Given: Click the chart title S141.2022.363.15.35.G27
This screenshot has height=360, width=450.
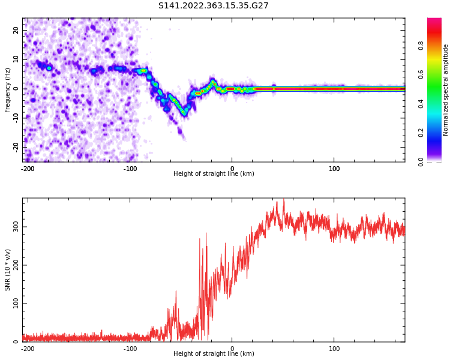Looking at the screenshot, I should pyautogui.click(x=213, y=6).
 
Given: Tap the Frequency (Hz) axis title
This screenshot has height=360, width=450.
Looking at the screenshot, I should pyautogui.click(x=8, y=90).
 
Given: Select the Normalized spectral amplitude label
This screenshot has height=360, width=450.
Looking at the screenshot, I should pyautogui.click(x=446, y=90).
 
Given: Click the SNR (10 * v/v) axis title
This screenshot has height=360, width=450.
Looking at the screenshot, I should pyautogui.click(x=8, y=270).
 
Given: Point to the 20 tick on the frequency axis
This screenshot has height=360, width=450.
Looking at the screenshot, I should pyautogui.click(x=16, y=31).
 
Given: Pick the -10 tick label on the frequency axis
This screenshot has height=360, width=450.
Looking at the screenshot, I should pyautogui.click(x=15, y=118).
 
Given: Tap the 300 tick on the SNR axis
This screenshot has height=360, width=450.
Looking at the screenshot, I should pyautogui.click(x=14, y=227).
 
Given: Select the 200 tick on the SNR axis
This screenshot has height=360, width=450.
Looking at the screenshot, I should pyautogui.click(x=14, y=265).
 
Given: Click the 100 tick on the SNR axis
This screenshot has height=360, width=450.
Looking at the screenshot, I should pyautogui.click(x=14, y=304).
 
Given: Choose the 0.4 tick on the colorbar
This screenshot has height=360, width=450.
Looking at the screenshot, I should pyautogui.click(x=438, y=104).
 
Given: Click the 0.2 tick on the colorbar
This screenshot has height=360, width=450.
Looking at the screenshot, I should pyautogui.click(x=438, y=133).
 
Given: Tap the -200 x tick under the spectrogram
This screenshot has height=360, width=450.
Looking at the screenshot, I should pyautogui.click(x=28, y=169).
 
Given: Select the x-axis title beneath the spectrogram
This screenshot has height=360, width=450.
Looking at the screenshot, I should pyautogui.click(x=214, y=174).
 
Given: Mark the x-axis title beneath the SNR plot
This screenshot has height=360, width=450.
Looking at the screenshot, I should pyautogui.click(x=214, y=354).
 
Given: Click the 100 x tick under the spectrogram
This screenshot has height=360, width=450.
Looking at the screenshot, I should pyautogui.click(x=334, y=169).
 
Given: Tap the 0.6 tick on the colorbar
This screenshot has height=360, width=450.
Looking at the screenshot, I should pyautogui.click(x=438, y=74).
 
